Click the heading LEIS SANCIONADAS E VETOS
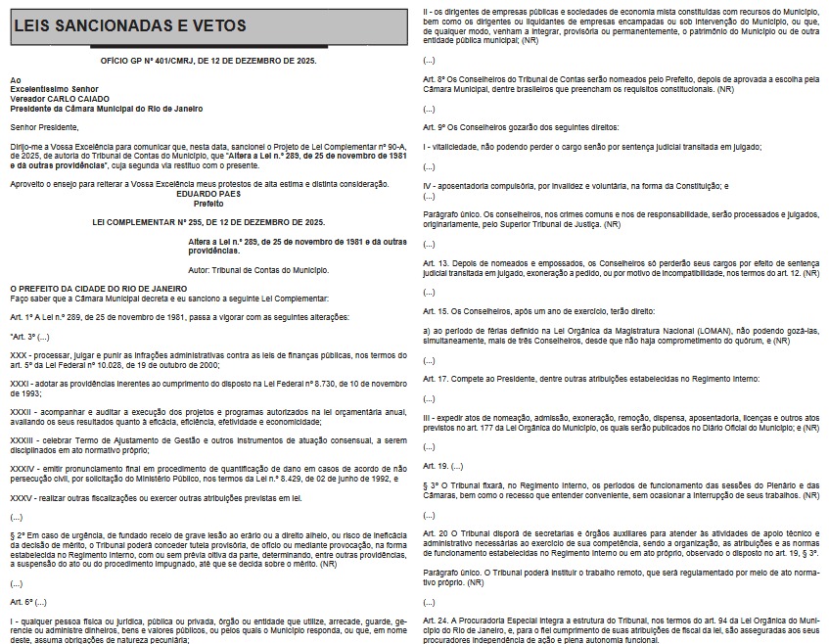(130, 25)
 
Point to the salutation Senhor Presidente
(44, 125)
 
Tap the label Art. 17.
(436, 377)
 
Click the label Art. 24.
(436, 620)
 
